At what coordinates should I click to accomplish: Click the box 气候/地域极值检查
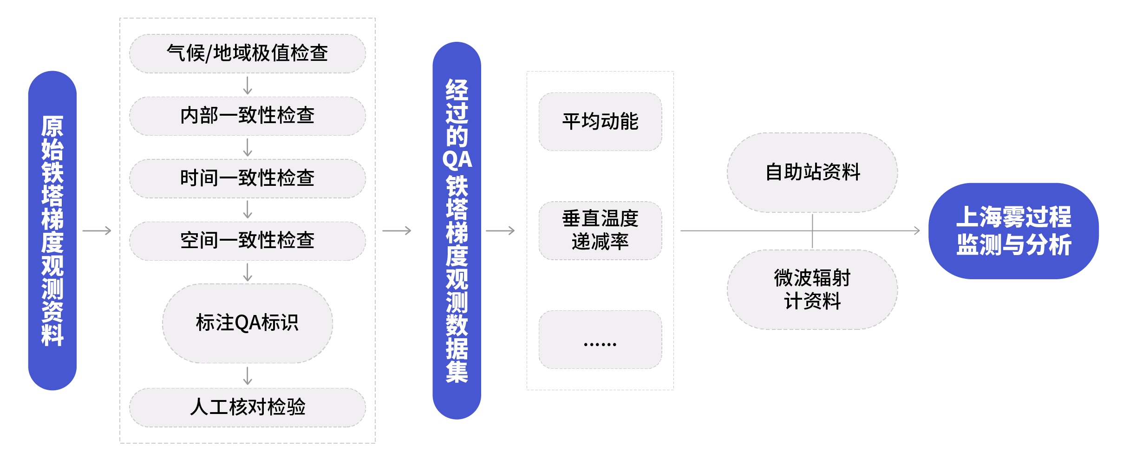[x=247, y=53]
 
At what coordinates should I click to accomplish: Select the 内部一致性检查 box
[x=247, y=116]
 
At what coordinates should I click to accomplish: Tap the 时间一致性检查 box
[x=247, y=178]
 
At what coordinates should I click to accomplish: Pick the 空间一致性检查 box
[x=247, y=241]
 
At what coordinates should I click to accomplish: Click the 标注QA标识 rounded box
[x=247, y=323]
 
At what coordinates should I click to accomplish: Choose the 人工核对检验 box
[x=247, y=407]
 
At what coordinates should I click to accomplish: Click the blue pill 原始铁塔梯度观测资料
[x=52, y=230]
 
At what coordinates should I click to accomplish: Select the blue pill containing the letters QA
[x=457, y=230]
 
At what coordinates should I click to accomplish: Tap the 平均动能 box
[x=600, y=122]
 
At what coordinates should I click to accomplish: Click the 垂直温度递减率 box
[x=600, y=230]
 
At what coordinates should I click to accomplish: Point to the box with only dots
[x=600, y=340]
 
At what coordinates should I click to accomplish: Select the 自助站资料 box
[x=812, y=172]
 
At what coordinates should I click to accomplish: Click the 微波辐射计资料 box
[x=812, y=289]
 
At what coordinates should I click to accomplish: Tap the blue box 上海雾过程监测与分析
[x=1013, y=230]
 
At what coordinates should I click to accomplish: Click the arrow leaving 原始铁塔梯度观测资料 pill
[x=97, y=230]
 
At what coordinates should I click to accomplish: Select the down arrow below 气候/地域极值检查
[x=248, y=85]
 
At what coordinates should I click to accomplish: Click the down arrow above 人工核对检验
[x=248, y=375]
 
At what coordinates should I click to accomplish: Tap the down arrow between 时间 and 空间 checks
[x=248, y=209]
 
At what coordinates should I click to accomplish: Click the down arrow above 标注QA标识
[x=248, y=272]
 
